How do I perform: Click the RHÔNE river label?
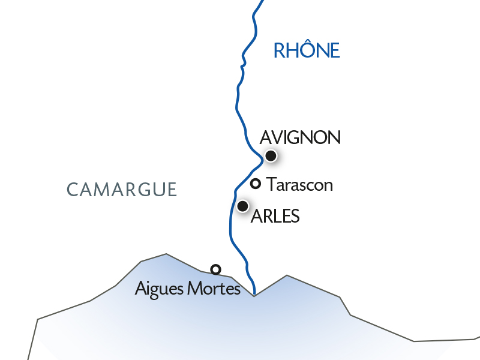click(307, 50)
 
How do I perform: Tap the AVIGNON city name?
click(301, 137)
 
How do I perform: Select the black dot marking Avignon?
click(271, 156)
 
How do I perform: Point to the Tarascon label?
click(300, 184)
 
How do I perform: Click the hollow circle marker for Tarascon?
click(255, 184)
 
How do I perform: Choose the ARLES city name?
click(275, 217)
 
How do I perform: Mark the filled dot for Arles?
click(243, 206)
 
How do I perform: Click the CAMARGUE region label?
click(122, 190)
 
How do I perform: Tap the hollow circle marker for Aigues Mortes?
click(215, 269)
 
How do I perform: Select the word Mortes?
click(214, 289)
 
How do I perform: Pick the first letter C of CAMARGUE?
click(72, 190)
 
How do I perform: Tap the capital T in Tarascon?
click(271, 184)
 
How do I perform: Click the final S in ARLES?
click(295, 217)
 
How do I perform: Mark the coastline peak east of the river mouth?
click(287, 275)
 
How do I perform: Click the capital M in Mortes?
click(195, 289)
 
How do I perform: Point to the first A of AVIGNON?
click(266, 137)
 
